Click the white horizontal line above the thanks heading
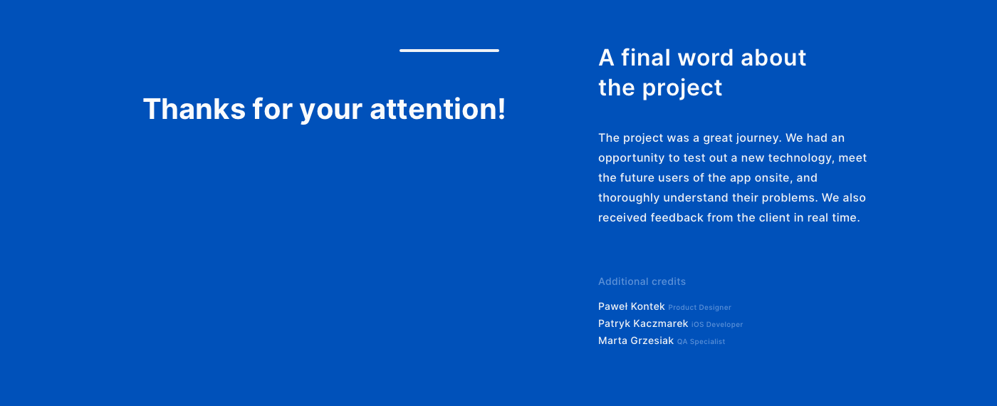(449, 51)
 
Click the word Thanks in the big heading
(194, 109)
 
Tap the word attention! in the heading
(437, 109)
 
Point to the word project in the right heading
(682, 88)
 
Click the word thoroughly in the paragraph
(629, 198)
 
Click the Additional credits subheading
(642, 281)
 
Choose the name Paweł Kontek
(632, 306)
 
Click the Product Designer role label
(699, 308)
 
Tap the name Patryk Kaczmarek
(643, 323)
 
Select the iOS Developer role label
(717, 325)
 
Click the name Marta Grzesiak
(636, 340)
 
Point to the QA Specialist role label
(701, 342)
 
